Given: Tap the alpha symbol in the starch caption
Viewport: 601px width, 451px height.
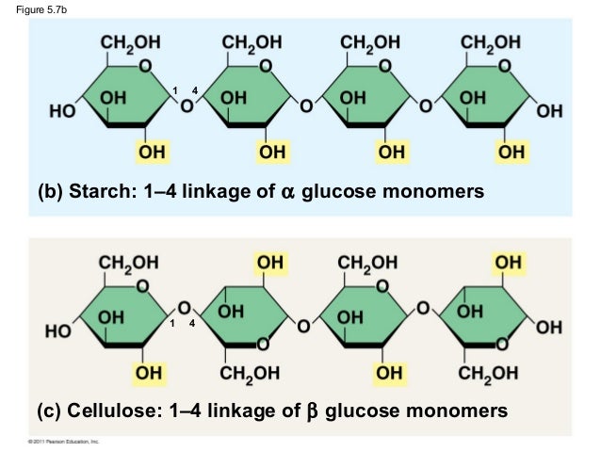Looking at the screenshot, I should coord(288,193).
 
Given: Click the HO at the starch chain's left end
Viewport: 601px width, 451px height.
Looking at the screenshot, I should coord(62,112).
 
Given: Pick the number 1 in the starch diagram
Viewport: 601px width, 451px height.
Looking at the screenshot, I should coord(174,90).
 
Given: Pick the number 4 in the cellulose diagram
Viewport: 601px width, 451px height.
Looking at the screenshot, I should coord(191,324).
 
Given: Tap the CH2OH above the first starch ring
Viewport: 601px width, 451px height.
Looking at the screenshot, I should coord(130,42).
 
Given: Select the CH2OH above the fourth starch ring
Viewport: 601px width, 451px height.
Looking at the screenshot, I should coord(490,42).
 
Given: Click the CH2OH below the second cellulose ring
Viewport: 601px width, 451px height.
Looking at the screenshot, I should coord(250,374).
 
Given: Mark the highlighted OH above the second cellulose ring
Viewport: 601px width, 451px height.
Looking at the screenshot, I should coord(269,261).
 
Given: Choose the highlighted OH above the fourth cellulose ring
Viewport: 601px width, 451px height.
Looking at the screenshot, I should coord(510,261).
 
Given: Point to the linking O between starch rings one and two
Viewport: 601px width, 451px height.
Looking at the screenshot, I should coord(187,105).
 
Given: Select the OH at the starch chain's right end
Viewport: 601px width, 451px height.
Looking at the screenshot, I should coord(548,112).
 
